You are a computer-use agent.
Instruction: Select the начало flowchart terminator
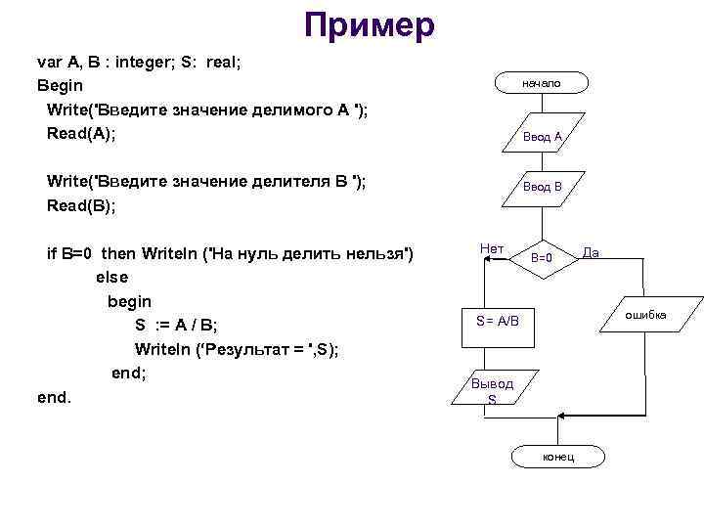tap(541, 84)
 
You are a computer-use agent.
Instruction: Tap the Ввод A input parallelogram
tap(542, 137)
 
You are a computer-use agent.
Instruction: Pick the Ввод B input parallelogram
tap(542, 186)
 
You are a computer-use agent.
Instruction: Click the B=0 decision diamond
tap(542, 259)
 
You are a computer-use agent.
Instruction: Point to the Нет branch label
tap(492, 249)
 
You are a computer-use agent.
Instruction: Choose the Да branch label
tap(591, 253)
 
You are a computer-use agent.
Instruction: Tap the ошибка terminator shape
tap(646, 315)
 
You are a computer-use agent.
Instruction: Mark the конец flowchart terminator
tap(558, 457)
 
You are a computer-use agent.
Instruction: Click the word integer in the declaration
tap(154, 62)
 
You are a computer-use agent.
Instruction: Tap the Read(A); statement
tap(81, 132)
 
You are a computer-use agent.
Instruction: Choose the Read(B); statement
tap(81, 205)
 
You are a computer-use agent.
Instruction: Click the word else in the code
tap(112, 277)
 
